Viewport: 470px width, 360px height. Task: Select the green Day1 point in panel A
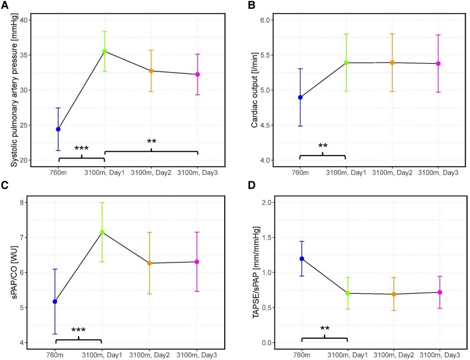point(105,51)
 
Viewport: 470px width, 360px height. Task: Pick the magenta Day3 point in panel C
point(197,261)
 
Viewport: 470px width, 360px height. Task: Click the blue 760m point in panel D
point(302,258)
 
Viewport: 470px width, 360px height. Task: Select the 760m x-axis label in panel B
point(300,171)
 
